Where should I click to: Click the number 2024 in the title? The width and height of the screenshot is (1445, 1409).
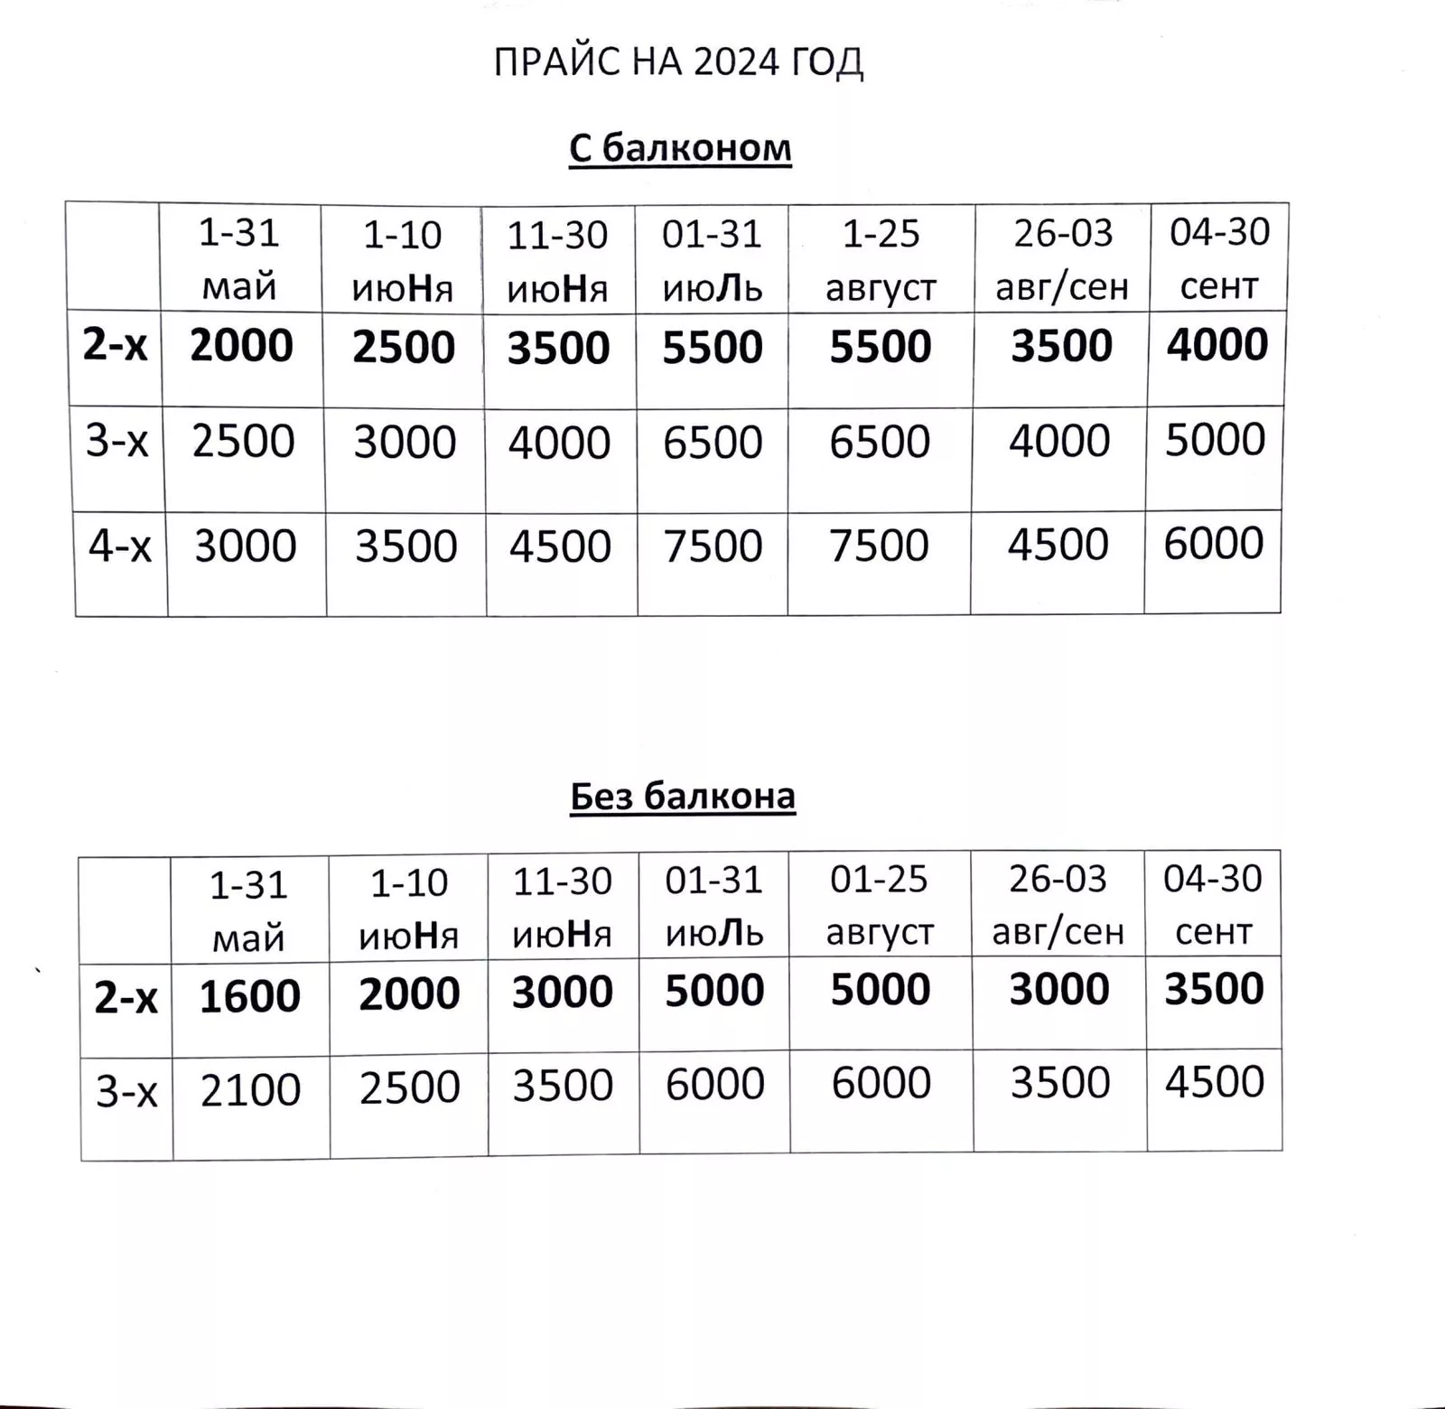(737, 62)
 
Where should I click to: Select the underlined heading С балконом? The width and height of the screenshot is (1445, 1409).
(680, 148)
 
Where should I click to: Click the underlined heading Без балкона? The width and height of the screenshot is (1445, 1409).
(683, 797)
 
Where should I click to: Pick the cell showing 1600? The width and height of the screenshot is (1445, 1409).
(249, 996)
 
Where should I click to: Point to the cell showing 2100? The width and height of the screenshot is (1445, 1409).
(250, 1090)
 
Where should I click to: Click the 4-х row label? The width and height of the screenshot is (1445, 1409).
(119, 546)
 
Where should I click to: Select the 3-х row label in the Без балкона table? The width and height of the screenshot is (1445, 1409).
(126, 1093)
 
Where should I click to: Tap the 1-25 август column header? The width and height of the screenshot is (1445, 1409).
(881, 260)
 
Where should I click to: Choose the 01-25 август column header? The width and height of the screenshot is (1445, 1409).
(880, 905)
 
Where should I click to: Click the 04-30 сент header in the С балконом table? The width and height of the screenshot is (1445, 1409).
(1219, 258)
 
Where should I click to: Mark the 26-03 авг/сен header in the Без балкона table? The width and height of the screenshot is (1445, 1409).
(1058, 904)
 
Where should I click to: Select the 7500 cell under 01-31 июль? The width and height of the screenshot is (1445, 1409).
(713, 546)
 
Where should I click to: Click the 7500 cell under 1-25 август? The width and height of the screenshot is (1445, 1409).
(879, 546)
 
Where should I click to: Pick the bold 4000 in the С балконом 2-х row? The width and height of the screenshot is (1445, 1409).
(1217, 345)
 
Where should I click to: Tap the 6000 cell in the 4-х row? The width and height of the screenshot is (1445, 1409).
(1213, 544)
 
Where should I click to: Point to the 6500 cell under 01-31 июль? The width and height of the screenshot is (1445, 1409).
(713, 443)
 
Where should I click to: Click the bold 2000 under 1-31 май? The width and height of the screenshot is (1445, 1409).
(241, 346)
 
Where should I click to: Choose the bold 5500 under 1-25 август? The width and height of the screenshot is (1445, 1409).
(881, 347)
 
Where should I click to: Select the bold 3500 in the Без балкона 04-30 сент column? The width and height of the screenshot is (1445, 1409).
(1214, 989)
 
